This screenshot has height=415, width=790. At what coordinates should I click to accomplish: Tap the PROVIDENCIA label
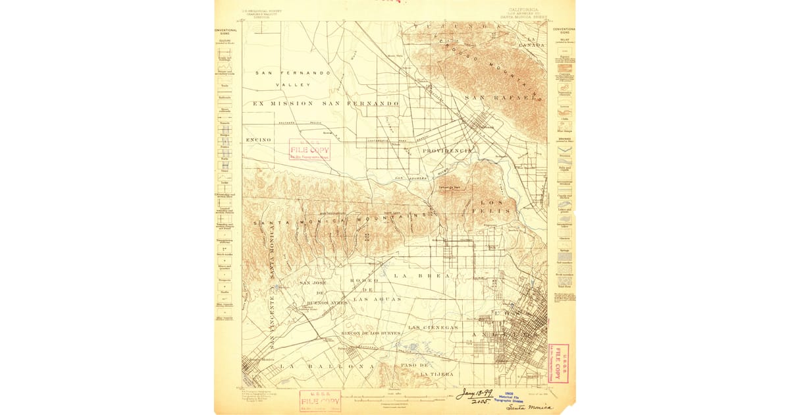click(x=448, y=150)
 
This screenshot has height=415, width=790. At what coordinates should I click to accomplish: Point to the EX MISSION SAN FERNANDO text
click(x=326, y=104)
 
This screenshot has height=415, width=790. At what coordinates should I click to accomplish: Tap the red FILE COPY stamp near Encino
click(x=309, y=150)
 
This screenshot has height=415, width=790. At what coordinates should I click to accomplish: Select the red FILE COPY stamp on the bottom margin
click(x=320, y=400)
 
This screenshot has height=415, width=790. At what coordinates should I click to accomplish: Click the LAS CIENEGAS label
click(x=433, y=327)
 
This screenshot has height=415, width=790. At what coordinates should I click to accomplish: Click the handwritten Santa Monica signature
click(x=530, y=408)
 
